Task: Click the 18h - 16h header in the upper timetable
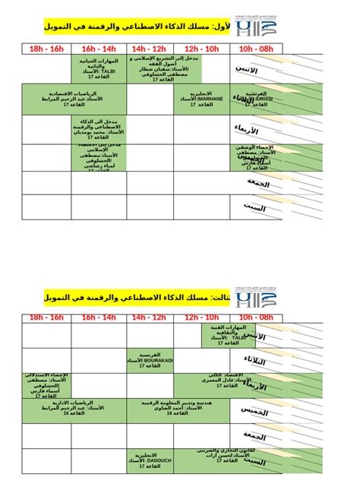(47, 49)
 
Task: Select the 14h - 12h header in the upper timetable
(150, 49)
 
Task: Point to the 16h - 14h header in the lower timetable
(99, 317)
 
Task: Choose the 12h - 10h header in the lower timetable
(201, 317)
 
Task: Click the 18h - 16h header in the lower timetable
(47, 317)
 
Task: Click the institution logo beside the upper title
(252, 29)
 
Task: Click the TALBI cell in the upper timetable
(99, 68)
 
